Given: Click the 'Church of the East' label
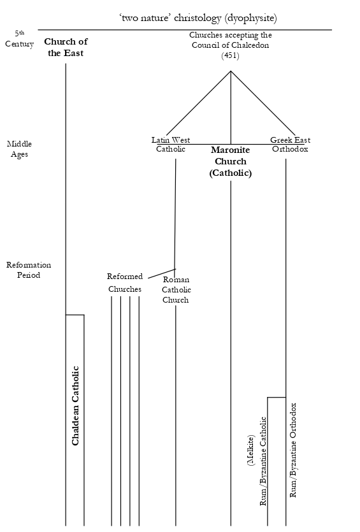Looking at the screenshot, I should (x=66, y=47).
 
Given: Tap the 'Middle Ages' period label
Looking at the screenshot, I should (x=19, y=149).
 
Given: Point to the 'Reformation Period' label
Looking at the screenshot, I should (x=29, y=270).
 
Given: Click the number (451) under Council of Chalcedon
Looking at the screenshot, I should (x=230, y=56).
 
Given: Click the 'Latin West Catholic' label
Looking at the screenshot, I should (x=171, y=145).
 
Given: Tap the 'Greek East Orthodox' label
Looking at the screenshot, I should (x=290, y=145).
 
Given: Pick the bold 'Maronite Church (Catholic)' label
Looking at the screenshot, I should (x=231, y=162).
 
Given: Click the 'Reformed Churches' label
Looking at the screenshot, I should (x=125, y=282).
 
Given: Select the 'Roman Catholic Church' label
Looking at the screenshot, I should (x=176, y=290).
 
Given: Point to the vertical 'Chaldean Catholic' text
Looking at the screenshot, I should (x=75, y=405).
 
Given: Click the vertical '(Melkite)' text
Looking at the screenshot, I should (x=251, y=451).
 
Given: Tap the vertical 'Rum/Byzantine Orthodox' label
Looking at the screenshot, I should (x=294, y=450).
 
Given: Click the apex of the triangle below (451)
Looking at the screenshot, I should (x=231, y=71).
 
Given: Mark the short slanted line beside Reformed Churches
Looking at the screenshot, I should (x=161, y=274).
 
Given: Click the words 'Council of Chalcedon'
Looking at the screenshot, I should (x=230, y=46).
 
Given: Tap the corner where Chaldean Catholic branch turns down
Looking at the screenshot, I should (x=84, y=315).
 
